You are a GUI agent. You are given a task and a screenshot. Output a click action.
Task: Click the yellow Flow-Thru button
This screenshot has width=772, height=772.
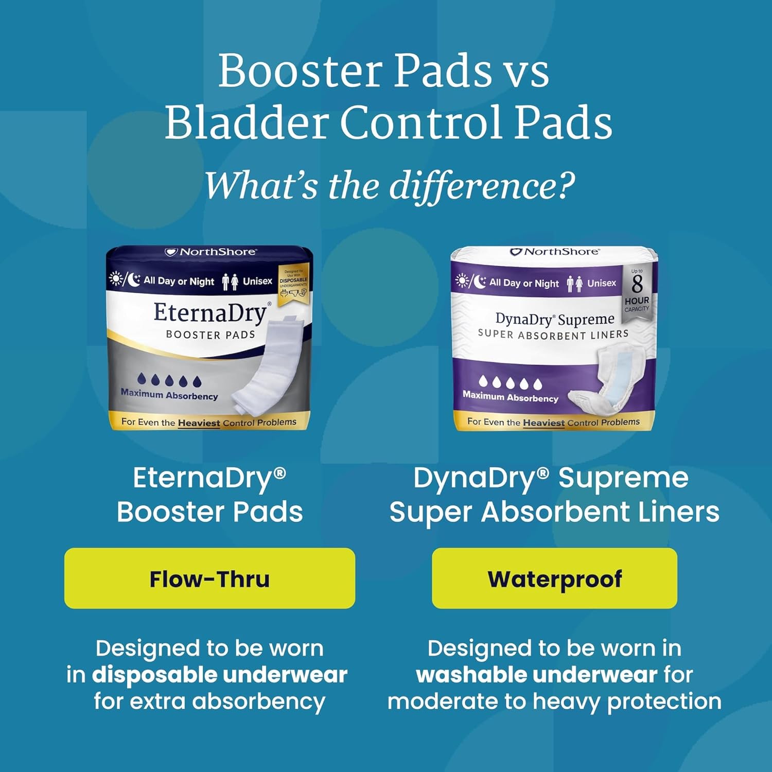(x=209, y=578)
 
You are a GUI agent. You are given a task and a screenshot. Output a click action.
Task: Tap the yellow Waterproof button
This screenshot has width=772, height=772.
(x=554, y=578)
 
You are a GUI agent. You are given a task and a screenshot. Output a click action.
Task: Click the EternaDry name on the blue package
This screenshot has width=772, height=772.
(x=210, y=313)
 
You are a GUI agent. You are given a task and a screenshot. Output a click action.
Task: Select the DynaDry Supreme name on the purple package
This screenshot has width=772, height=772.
(x=554, y=319)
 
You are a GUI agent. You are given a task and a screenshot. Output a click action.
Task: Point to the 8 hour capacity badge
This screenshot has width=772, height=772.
(x=637, y=290)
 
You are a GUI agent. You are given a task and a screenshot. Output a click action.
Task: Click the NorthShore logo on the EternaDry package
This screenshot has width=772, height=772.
(x=210, y=252)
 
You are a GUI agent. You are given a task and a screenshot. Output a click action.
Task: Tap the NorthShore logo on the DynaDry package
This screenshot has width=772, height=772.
(x=554, y=252)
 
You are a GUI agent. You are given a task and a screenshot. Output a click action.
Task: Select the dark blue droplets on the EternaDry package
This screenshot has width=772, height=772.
(x=169, y=380)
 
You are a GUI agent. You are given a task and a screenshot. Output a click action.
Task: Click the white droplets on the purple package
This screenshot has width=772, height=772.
(x=510, y=382)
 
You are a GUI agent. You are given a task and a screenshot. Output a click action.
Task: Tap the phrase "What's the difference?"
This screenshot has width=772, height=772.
(x=390, y=186)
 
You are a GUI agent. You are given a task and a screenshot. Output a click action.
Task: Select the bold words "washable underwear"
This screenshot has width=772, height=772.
(x=537, y=675)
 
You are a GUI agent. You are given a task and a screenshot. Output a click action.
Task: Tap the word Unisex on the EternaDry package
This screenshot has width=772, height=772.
(x=257, y=281)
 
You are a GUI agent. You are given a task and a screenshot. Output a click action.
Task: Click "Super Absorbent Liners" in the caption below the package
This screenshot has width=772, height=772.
(x=554, y=512)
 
